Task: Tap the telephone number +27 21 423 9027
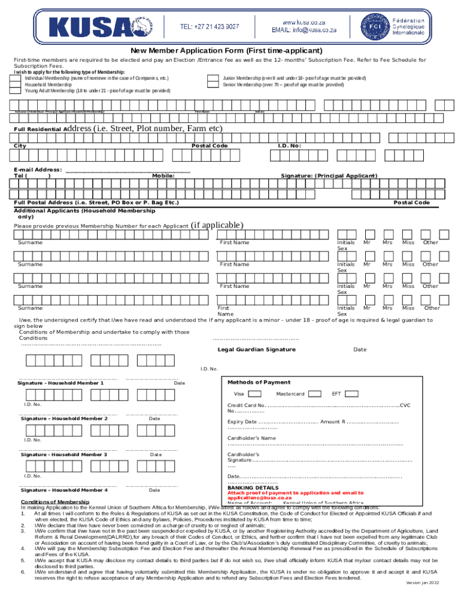(x=210, y=26)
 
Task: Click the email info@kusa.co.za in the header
(x=304, y=29)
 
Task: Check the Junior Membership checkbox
(x=213, y=78)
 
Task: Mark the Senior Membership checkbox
(x=213, y=85)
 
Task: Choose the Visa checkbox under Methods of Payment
(x=254, y=394)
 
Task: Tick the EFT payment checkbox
(x=352, y=394)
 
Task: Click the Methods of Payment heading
(x=259, y=383)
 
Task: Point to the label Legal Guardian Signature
(x=256, y=350)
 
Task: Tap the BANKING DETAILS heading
(x=253, y=488)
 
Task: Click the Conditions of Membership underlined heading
(x=55, y=502)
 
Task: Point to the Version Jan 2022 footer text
(x=421, y=599)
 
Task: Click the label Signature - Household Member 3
(x=64, y=455)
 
